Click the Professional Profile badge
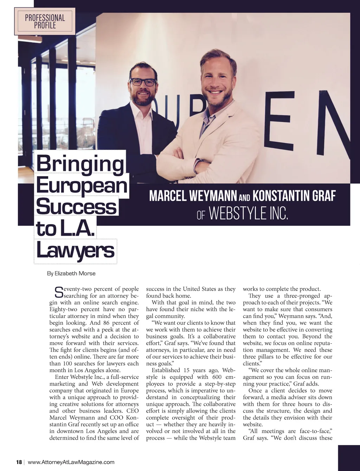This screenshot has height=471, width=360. (45, 21)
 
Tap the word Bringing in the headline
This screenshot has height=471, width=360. (80, 164)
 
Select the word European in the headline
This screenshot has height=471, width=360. (82, 185)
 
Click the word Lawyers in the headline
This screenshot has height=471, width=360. (76, 251)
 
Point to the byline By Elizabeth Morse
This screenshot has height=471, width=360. (71, 273)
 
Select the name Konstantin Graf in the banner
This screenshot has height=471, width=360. (294, 196)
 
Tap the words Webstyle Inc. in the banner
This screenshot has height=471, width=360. (249, 213)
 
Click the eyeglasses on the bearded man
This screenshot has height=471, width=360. (143, 82)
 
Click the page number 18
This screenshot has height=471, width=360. (19, 462)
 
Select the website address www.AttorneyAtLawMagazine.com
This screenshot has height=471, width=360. (71, 462)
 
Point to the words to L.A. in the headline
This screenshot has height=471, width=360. (65, 229)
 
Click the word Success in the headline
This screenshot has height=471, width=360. (76, 207)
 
